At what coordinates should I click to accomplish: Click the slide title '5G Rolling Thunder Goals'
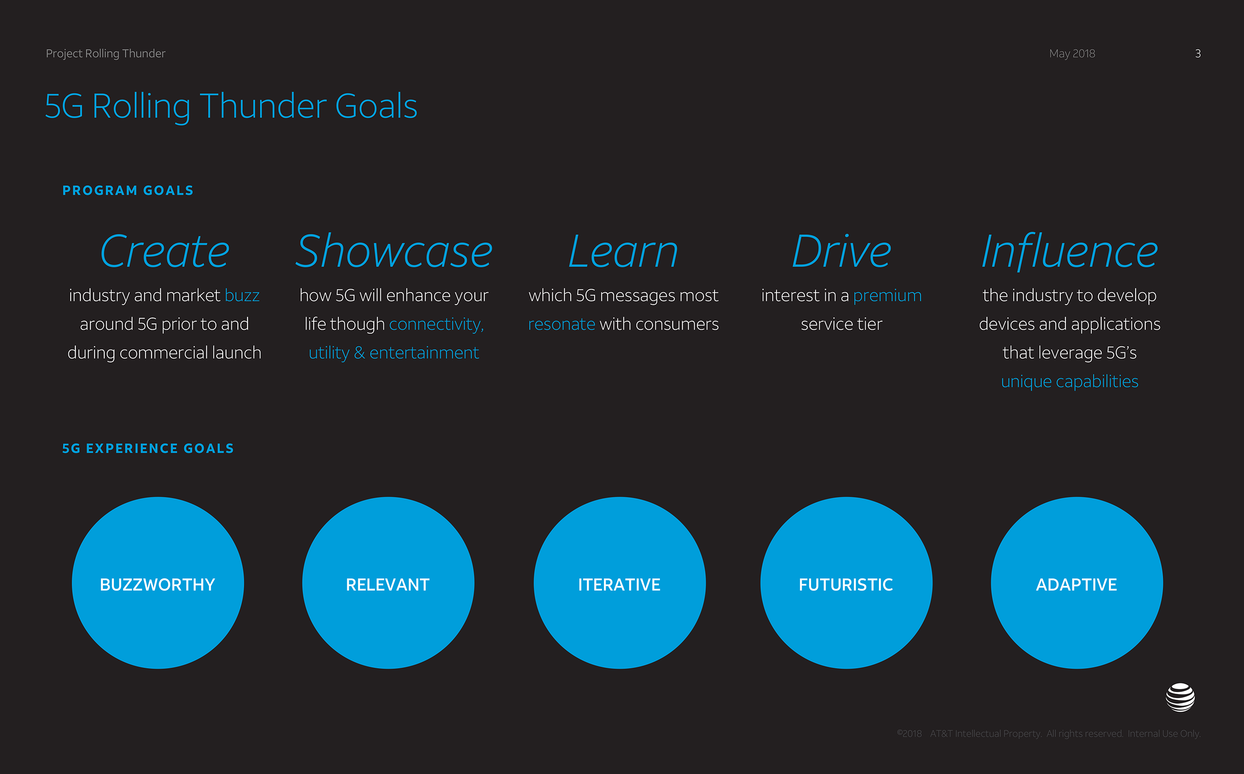(231, 106)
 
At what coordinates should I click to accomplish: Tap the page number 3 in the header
(1198, 53)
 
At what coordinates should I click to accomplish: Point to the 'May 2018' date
(1072, 53)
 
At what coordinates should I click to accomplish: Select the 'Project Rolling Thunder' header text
(106, 54)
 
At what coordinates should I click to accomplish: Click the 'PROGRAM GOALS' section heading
(128, 190)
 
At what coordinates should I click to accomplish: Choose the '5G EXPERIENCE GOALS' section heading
(148, 448)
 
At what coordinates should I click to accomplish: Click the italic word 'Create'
(164, 251)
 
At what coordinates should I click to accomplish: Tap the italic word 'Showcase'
(394, 251)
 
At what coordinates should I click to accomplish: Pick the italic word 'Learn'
(623, 251)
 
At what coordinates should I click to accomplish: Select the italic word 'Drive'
(842, 251)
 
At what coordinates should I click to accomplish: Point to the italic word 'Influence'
(1070, 251)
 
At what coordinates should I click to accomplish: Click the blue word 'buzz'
(242, 296)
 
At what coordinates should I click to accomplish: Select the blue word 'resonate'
(562, 324)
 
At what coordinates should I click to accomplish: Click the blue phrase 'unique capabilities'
(1070, 382)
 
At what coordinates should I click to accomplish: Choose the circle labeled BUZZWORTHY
(158, 583)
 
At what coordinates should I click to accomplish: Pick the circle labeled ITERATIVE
(620, 583)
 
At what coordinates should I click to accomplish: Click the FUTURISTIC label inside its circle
(846, 585)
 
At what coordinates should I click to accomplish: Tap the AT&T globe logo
(1181, 697)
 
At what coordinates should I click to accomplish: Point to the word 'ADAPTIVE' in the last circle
(1076, 585)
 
